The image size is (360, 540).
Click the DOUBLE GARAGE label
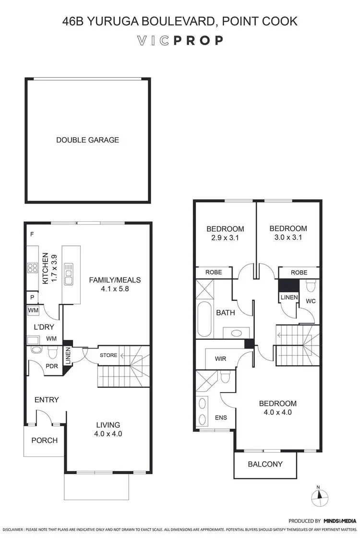87,140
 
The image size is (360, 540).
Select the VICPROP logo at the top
180,40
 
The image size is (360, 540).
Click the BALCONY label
265,464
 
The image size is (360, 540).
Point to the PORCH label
44,440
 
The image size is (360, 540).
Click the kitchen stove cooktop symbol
33,268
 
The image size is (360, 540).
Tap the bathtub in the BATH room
203,320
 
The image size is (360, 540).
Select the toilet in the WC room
310,287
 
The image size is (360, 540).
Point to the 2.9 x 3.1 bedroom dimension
225,238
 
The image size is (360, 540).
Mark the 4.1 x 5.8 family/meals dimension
114,289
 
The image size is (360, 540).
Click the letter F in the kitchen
32,234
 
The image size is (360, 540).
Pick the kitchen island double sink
69,273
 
